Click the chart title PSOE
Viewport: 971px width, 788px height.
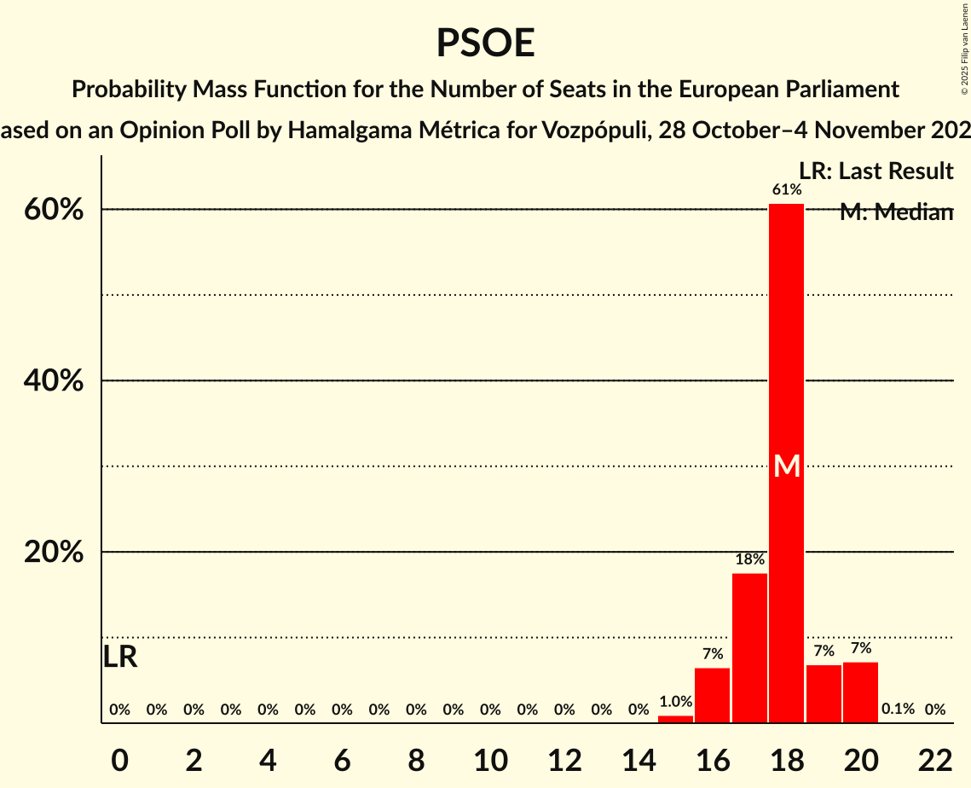(x=485, y=43)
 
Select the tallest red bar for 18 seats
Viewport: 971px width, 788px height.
(x=786, y=341)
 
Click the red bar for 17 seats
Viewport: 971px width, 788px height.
(x=749, y=648)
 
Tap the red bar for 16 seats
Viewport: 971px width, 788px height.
(x=712, y=695)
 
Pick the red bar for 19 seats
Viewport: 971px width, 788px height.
(x=824, y=694)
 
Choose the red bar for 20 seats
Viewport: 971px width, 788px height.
(x=860, y=692)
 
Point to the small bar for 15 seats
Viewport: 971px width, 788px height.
(x=675, y=719)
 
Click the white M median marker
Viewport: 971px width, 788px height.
(x=787, y=466)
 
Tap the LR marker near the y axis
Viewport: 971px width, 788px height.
(x=120, y=658)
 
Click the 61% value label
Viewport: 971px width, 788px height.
(x=786, y=190)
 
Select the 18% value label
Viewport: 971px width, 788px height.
(x=749, y=559)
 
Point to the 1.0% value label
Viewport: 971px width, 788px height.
(x=675, y=702)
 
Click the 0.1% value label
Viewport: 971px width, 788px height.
(x=898, y=709)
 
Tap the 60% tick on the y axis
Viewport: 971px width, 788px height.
(x=54, y=210)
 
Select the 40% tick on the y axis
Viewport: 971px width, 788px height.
(x=54, y=381)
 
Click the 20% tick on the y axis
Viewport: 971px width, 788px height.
(x=54, y=553)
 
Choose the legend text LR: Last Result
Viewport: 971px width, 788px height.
(x=876, y=171)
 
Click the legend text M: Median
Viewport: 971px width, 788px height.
(x=895, y=212)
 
